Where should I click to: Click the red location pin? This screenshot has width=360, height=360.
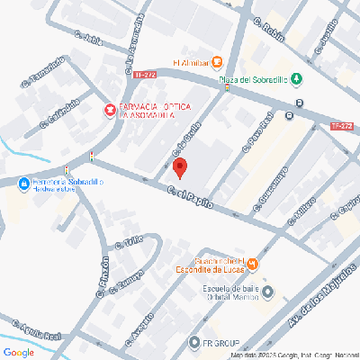click(180, 167)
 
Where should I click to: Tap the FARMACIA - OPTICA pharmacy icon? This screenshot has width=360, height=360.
click(111, 110)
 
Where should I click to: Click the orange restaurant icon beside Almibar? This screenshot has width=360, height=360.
click(217, 63)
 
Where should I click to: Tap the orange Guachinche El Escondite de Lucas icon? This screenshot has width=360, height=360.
click(253, 264)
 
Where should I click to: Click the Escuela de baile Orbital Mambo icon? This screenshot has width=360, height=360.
click(265, 292)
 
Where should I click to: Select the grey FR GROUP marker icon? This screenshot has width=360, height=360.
click(193, 342)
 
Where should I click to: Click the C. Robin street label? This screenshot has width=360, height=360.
click(269, 31)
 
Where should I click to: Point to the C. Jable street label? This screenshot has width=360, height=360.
click(91, 41)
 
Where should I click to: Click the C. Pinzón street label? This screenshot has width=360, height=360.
click(104, 275)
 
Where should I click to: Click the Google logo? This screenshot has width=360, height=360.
click(18, 351)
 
